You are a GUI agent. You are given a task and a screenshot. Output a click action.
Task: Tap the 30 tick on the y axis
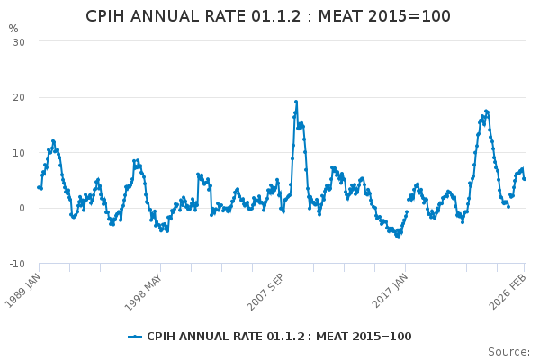point(18,42)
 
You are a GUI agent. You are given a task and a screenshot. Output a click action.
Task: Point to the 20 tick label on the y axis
point(18,97)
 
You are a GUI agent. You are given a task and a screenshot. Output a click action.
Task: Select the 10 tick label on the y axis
point(18,153)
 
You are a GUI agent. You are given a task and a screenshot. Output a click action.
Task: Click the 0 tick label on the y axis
point(22,208)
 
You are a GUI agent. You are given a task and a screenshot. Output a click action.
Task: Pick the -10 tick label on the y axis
point(16,264)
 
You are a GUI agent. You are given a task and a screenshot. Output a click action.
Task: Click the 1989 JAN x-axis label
point(23,289)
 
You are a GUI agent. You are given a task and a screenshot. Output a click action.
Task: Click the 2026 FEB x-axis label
point(509,289)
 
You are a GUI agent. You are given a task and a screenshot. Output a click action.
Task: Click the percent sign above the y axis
point(13,29)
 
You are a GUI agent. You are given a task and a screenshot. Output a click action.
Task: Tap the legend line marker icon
point(135,337)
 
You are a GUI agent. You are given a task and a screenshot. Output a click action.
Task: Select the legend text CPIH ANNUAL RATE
point(197,337)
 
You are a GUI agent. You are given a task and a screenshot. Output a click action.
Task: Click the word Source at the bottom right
point(508,351)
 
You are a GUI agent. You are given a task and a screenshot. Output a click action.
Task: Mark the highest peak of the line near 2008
point(295,102)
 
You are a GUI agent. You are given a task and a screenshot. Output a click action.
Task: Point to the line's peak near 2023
point(486,111)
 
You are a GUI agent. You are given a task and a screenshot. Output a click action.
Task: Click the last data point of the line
point(524,178)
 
